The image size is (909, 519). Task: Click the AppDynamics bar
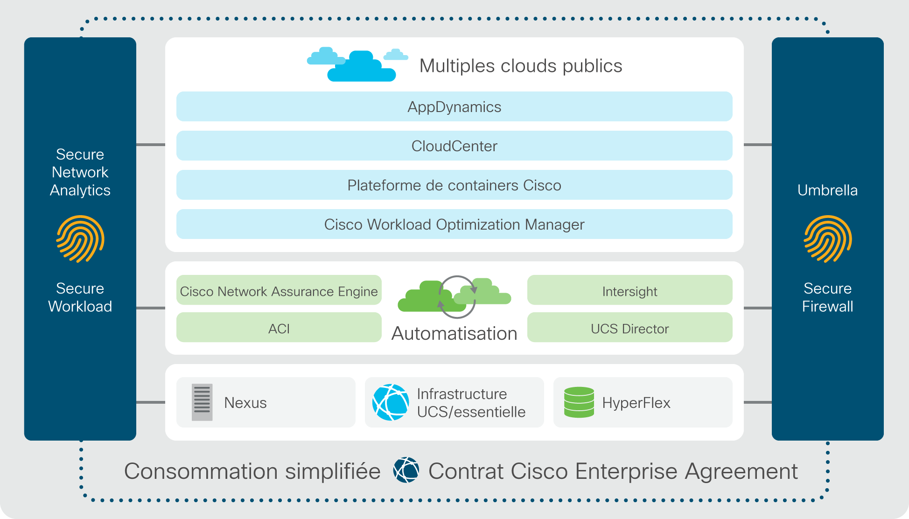[x=454, y=106]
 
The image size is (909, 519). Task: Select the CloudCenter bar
[x=454, y=146]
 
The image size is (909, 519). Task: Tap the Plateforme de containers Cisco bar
[x=454, y=185]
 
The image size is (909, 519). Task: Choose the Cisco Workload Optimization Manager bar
[x=454, y=224]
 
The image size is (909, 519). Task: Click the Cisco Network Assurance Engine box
[x=279, y=290]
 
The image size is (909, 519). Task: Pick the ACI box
[x=279, y=327]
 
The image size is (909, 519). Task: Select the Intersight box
[x=629, y=290]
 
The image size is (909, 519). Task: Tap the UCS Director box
[x=629, y=327]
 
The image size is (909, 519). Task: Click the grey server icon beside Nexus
[x=202, y=402]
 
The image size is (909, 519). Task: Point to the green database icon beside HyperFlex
[x=579, y=402]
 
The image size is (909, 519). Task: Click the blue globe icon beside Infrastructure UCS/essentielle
[x=391, y=402]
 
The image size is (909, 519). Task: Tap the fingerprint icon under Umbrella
[x=827, y=239]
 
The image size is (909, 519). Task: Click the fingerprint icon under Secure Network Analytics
[x=80, y=239]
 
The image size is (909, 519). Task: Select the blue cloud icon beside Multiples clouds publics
[x=357, y=64]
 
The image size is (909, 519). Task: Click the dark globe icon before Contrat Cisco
[x=406, y=470]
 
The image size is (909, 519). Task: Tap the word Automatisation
[x=454, y=333]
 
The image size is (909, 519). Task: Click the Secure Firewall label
[x=827, y=297]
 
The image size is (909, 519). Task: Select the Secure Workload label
[x=80, y=297]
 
